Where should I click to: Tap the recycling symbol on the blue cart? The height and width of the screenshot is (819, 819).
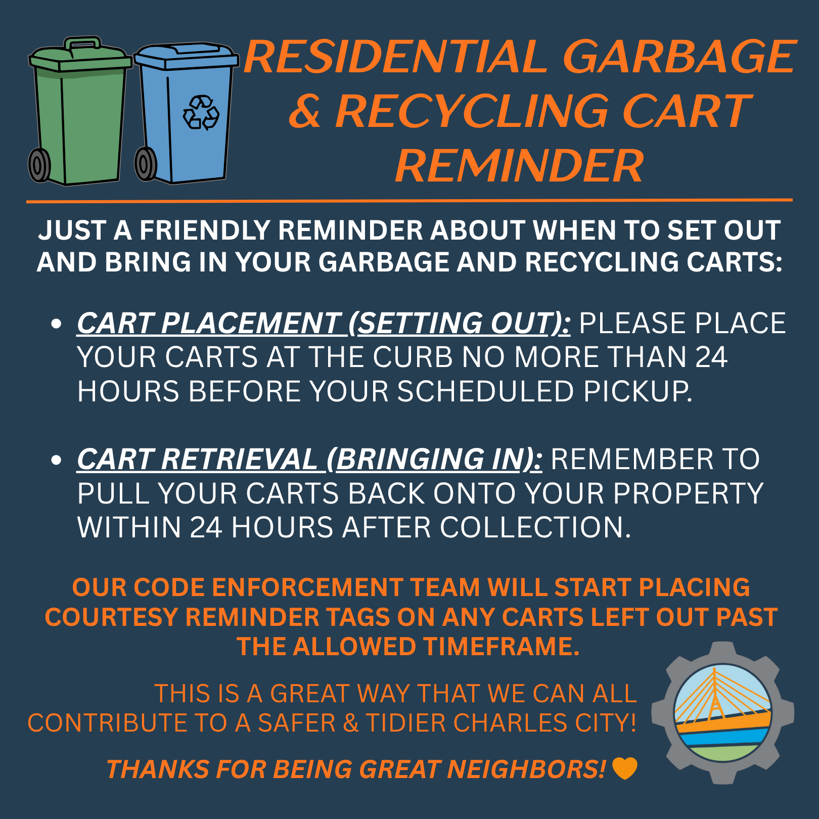[x=201, y=112]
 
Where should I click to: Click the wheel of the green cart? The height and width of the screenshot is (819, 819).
[x=39, y=165]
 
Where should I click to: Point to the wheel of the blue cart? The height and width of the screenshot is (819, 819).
[x=145, y=164]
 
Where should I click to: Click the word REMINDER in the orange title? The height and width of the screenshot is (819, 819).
[x=519, y=166]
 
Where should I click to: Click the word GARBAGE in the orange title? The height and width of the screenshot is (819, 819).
[x=679, y=57]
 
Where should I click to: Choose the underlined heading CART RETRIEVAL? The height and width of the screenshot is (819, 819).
[x=197, y=459]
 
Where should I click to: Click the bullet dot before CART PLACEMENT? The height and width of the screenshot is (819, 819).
[x=56, y=324]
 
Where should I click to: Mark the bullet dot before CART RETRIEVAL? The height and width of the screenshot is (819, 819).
[x=56, y=460]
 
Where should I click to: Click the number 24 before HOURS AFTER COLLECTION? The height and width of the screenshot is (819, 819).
[x=206, y=528]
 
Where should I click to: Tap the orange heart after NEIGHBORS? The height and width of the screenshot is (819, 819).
[x=625, y=768]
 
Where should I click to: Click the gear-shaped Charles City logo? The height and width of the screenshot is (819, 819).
[x=722, y=713]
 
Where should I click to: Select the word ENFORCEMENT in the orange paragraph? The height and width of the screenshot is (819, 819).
[x=306, y=587]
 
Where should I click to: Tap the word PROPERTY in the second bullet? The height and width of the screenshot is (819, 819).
[x=688, y=493]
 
